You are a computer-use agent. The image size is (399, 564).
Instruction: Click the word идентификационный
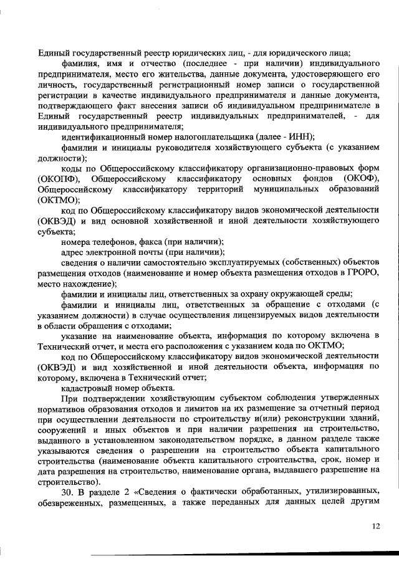pos(102,137)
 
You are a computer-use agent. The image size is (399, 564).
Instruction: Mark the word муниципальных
pos(284,190)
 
